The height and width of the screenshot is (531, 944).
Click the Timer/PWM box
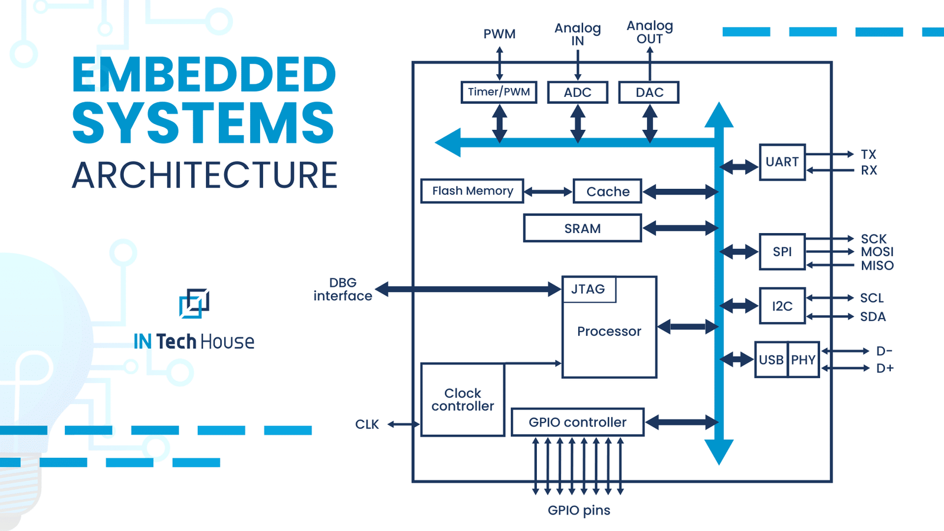(499, 92)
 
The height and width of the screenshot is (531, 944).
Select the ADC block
(578, 93)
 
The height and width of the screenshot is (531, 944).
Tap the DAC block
(649, 93)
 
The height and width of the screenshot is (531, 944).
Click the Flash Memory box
(472, 191)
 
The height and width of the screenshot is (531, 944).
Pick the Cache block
(607, 192)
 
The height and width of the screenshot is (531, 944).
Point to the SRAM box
(582, 228)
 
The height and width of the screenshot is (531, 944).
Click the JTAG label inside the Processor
(588, 290)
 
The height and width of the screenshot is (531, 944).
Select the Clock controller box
(463, 399)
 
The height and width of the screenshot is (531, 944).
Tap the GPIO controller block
(577, 422)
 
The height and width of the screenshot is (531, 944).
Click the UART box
(782, 162)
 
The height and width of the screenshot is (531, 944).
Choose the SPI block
(782, 252)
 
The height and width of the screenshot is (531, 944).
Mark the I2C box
(782, 306)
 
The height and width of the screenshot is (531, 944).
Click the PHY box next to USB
(804, 360)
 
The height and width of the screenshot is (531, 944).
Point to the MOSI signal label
(877, 252)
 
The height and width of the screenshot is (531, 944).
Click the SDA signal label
(873, 317)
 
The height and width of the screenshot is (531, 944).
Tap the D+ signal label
(884, 368)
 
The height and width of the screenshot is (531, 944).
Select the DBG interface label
(343, 289)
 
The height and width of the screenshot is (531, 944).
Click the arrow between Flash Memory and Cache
(548, 192)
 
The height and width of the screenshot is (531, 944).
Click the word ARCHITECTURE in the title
(205, 175)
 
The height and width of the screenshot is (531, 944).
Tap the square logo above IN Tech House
(194, 303)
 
